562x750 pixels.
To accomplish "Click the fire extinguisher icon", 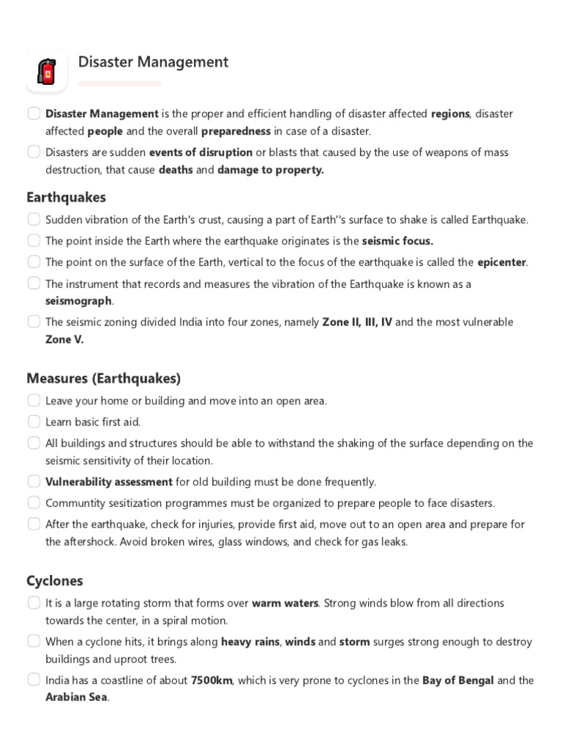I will (47, 72).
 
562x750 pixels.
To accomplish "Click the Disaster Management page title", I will (153, 62).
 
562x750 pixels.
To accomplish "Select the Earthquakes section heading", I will (66, 197).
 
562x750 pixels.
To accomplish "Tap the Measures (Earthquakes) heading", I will (103, 378).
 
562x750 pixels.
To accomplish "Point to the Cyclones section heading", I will (54, 581).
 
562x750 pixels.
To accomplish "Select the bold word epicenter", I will (502, 261).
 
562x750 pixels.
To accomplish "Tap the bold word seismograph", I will (79, 300).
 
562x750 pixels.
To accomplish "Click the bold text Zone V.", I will (64, 339).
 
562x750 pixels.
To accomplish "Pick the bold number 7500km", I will (211, 680).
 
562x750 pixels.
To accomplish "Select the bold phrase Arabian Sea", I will (77, 697).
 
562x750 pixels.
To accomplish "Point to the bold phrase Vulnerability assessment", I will (109, 482).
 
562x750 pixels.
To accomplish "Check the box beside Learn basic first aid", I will (34, 421).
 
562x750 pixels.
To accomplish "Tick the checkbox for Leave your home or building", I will (34, 400).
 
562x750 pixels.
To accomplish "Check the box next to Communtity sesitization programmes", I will (34, 502).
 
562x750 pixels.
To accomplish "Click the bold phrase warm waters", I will (285, 603).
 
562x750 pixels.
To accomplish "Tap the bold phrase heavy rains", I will (250, 641).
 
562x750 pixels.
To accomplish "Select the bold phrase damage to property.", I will (270, 170).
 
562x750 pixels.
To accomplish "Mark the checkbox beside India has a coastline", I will (34, 680).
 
